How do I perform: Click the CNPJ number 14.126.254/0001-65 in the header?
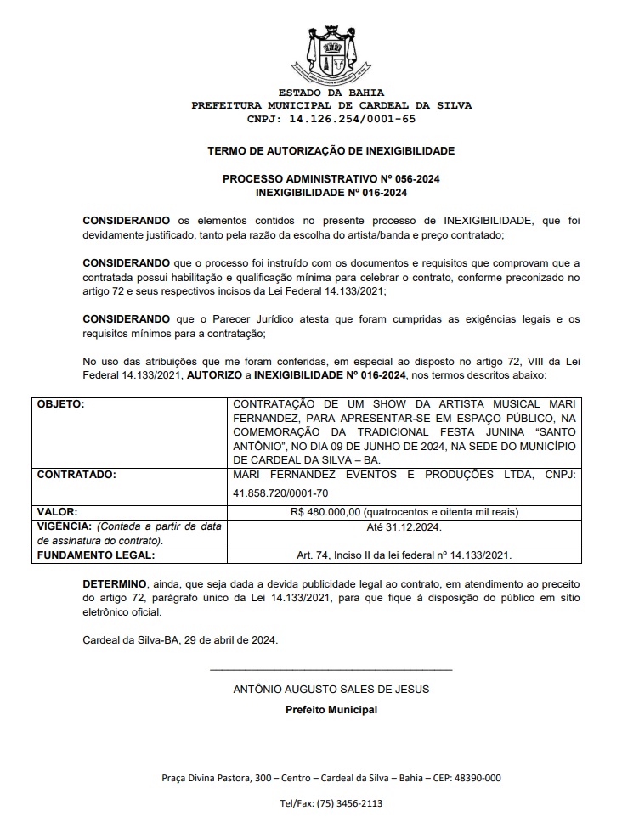pyautogui.click(x=331, y=119)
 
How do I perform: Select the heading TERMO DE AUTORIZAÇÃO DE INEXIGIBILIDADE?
pyautogui.click(x=331, y=151)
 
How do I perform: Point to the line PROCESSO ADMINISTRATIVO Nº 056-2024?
pyautogui.click(x=331, y=180)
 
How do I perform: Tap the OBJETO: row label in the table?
pyautogui.click(x=61, y=404)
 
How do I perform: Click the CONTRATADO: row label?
pyautogui.click(x=76, y=474)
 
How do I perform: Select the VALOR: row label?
pyautogui.click(x=57, y=512)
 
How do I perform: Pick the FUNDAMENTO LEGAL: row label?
pyautogui.click(x=95, y=555)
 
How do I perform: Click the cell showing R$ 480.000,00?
pyautogui.click(x=404, y=512)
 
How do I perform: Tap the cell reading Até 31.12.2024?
pyautogui.click(x=404, y=527)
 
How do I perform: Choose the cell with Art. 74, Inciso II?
pyautogui.click(x=404, y=555)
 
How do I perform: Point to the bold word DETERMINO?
pyautogui.click(x=114, y=585)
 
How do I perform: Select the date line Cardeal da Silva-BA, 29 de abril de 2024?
pyautogui.click(x=180, y=639)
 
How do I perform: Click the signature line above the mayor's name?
pyautogui.click(x=331, y=671)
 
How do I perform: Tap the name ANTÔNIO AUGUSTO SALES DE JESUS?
pyautogui.click(x=331, y=690)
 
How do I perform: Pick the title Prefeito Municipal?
pyautogui.click(x=331, y=710)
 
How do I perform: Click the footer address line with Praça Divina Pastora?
pyautogui.click(x=331, y=778)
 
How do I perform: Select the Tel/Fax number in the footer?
pyautogui.click(x=331, y=803)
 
